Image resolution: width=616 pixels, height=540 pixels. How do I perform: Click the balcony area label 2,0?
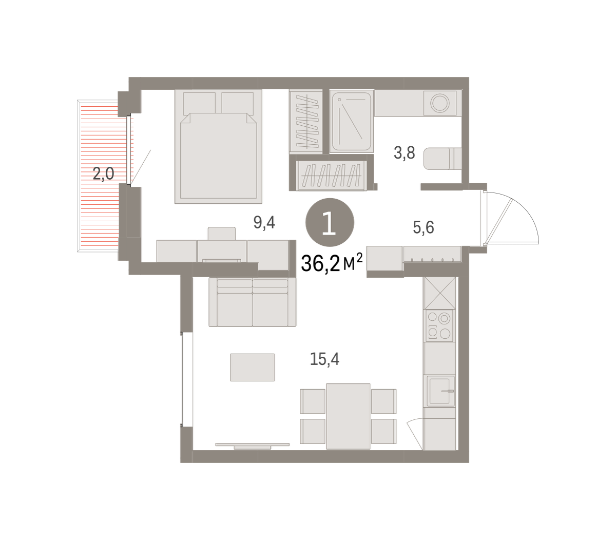[103, 174]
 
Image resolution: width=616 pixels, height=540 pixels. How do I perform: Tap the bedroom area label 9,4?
[264, 222]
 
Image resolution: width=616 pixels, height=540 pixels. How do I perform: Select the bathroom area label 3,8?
[404, 152]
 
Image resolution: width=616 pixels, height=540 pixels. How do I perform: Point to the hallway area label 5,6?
[423, 227]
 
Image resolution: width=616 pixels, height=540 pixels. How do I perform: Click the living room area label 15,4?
[324, 359]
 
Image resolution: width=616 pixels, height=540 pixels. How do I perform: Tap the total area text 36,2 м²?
[332, 263]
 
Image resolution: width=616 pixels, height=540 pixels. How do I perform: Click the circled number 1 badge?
[330, 222]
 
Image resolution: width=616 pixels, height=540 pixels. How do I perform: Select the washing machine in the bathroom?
[439, 103]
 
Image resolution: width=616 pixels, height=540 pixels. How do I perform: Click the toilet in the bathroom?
[442, 159]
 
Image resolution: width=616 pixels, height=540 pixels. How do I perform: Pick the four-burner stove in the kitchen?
[439, 325]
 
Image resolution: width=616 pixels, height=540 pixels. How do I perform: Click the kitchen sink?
[440, 391]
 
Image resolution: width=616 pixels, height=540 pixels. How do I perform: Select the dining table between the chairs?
[348, 416]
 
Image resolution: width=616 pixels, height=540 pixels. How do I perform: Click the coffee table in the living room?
[252, 368]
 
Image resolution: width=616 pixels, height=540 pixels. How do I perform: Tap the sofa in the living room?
[253, 302]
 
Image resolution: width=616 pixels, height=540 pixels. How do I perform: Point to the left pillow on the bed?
[199, 103]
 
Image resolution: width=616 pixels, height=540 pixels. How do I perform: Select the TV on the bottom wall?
[253, 446]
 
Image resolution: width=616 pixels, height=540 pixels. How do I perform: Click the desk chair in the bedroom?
[221, 234]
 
